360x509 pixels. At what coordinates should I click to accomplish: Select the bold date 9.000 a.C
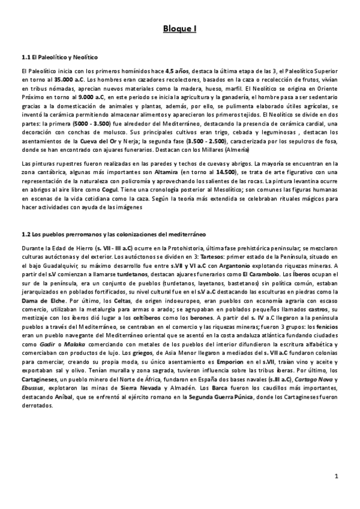click(92, 95)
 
